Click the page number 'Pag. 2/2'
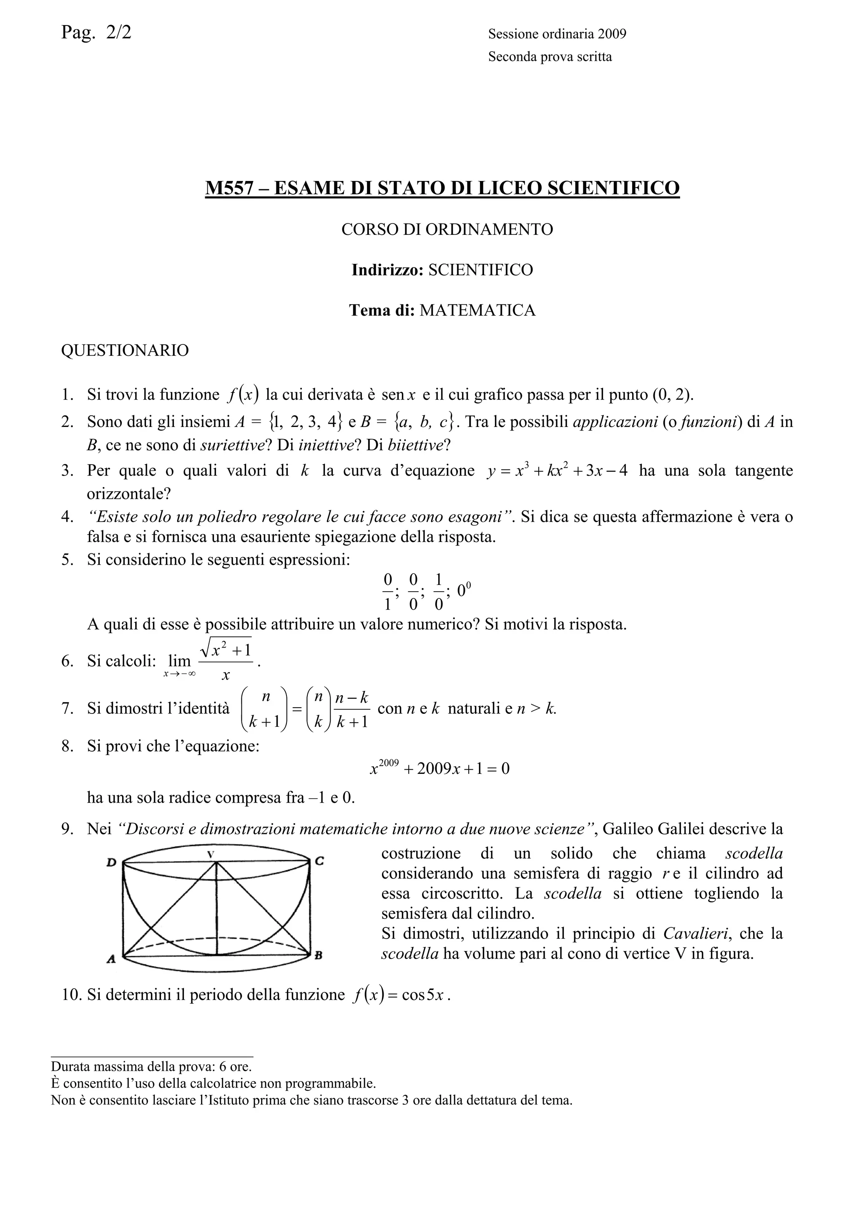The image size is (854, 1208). point(96,33)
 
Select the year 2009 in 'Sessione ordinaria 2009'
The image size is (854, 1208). point(612,34)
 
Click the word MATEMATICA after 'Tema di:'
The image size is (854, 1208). point(477,310)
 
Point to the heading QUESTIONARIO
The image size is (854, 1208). point(125,350)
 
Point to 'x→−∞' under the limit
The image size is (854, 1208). point(179,674)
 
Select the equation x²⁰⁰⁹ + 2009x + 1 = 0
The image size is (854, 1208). point(440,768)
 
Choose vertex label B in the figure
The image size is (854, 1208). point(318,957)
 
